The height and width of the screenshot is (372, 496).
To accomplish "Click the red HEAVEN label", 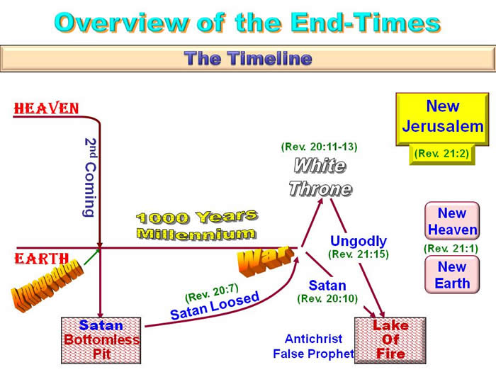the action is coord(46,108).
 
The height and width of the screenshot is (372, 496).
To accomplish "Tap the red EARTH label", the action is coord(41,259).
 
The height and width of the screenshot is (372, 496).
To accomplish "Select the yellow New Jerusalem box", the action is coord(442,119).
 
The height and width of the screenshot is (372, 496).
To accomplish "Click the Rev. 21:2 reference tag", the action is coord(441,154).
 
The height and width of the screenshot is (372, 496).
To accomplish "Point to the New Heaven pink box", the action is coord(452,221).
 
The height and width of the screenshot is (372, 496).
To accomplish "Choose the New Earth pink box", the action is coord(452,275).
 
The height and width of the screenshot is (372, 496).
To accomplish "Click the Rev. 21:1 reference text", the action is coord(451,248).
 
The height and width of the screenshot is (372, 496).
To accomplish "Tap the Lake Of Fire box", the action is coord(390,340).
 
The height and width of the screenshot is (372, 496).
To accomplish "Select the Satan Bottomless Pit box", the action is coord(101,340).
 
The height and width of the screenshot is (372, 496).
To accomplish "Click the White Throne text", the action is coord(320,177).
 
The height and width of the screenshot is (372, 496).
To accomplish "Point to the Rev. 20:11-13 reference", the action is coord(319,147).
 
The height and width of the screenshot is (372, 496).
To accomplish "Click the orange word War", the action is coord(265,260).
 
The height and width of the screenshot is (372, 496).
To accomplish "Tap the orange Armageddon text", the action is coord(47,285).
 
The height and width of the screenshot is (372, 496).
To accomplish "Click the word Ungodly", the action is coord(359,241).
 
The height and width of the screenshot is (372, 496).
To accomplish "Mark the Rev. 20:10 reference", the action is coord(327,298).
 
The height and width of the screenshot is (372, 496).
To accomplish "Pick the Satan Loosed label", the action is coord(215,305).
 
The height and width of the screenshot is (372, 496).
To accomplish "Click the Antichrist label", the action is coord(313,339).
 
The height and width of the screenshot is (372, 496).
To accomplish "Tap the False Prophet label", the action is coord(313,354).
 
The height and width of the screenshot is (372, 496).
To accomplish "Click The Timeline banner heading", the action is coord(248,59).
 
